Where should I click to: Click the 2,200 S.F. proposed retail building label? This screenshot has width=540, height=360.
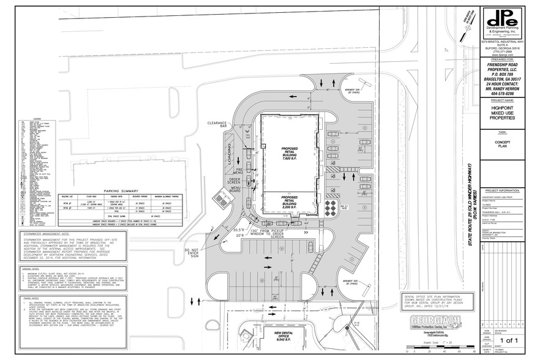click(288, 203)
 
